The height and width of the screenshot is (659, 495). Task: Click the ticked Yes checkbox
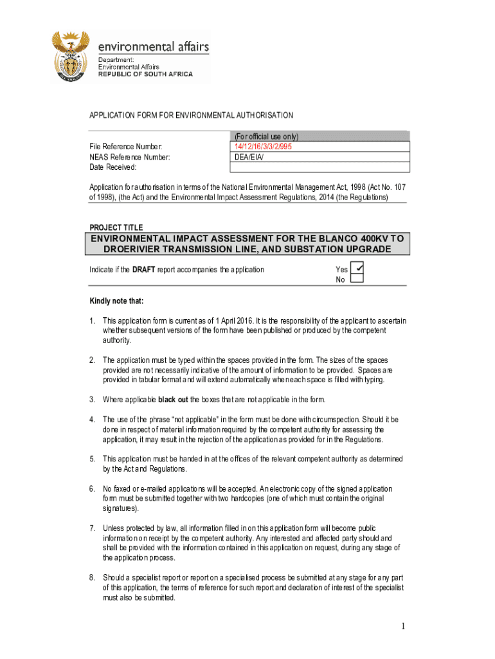(x=357, y=268)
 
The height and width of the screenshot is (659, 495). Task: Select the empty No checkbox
(x=357, y=279)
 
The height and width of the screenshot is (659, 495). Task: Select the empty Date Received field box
(x=319, y=167)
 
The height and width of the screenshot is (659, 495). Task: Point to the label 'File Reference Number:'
(x=125, y=146)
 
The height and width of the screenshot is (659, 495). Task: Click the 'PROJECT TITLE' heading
(x=116, y=227)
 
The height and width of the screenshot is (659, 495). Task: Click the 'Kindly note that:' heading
(x=116, y=301)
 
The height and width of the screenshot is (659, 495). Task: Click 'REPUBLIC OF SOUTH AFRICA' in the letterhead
(x=145, y=75)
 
